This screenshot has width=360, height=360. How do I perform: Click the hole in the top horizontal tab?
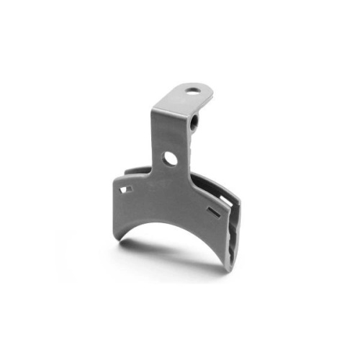pyautogui.click(x=192, y=91)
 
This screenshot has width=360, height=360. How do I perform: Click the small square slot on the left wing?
pyautogui.click(x=127, y=189)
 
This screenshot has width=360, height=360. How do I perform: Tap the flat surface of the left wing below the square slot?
pyautogui.click(x=130, y=212)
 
